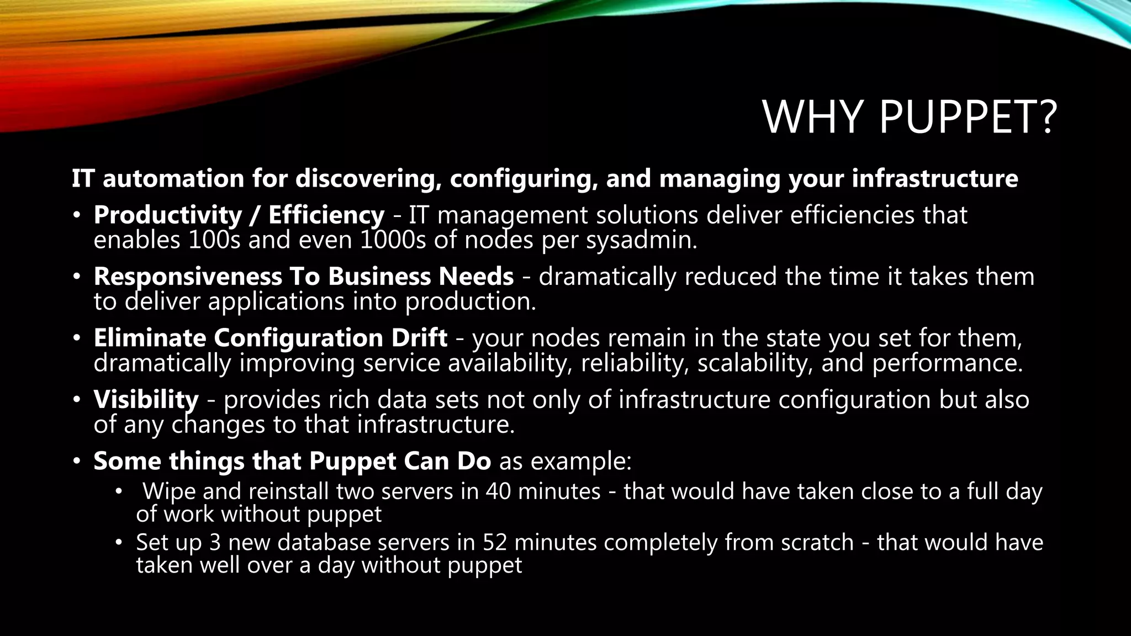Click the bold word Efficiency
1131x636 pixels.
point(326,215)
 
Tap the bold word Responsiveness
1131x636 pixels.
point(188,277)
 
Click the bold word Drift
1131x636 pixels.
point(419,338)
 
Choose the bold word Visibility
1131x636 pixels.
point(146,400)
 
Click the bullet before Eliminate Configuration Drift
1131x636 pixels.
point(77,338)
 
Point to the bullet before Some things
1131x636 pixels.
point(77,461)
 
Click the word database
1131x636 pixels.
point(324,542)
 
